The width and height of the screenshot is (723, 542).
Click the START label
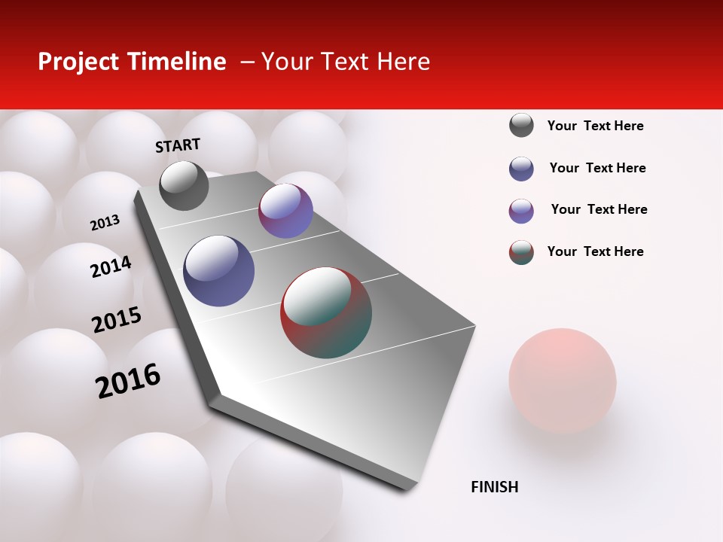[x=178, y=145]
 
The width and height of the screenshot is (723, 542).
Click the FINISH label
[x=494, y=487]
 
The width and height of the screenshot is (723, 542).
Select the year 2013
[x=105, y=223]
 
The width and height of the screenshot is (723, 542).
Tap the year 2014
[x=111, y=266]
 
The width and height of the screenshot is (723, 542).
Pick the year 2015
[x=117, y=320]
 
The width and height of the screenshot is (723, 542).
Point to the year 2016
[x=128, y=380]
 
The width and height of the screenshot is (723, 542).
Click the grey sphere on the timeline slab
[x=184, y=185]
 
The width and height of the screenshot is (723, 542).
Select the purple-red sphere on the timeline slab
[x=285, y=211]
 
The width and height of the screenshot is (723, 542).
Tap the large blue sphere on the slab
[x=219, y=271]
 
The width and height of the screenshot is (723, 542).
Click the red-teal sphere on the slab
[x=326, y=312]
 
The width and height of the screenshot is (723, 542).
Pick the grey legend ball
[x=521, y=125]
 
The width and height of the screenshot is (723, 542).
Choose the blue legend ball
[x=521, y=169]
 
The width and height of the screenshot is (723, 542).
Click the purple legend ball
[x=521, y=211]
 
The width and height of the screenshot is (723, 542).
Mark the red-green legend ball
[x=521, y=252]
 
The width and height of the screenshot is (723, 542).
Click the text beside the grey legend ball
[x=595, y=126]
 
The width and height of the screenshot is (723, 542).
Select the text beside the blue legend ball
[x=597, y=168]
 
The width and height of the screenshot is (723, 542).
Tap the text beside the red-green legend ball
[x=595, y=251]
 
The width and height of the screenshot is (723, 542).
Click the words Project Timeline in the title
[x=132, y=62]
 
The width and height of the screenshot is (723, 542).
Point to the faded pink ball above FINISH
[x=562, y=379]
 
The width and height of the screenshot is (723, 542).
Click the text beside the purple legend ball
[x=599, y=209]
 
